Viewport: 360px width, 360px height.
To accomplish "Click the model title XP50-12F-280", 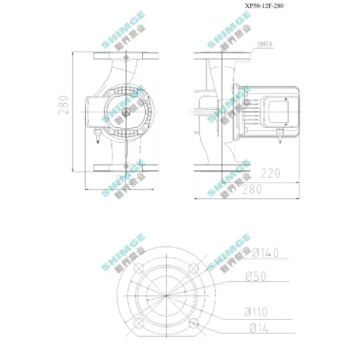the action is point(264,6).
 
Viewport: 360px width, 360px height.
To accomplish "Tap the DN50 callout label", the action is point(265,44).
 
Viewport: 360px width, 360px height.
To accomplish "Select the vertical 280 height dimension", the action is point(64,105).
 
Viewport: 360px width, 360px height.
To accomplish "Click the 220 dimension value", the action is point(271,173).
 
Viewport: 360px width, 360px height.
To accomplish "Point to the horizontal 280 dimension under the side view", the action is point(252,190).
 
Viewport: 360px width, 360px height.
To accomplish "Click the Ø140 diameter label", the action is point(265,253).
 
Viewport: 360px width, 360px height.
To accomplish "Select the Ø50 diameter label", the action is point(256,276).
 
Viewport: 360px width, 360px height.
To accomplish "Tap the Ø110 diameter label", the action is point(256,312).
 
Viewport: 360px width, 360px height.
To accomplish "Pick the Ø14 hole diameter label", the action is point(259,328).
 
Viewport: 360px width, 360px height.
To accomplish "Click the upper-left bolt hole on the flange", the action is point(139,268).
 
